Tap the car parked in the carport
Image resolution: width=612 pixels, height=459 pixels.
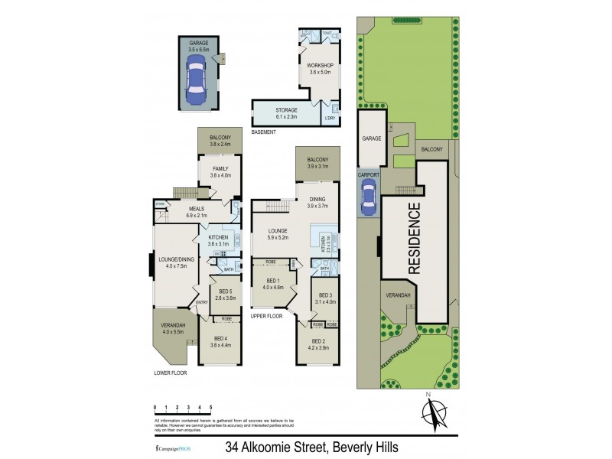pos(369,199)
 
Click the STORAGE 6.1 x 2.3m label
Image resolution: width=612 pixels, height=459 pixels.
pos(286,114)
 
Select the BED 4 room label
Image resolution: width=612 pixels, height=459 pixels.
pos(220,341)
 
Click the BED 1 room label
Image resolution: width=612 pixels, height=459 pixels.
pos(273,284)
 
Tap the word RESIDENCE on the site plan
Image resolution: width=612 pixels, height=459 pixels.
pos(413,238)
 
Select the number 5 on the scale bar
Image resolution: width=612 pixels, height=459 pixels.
pos(210,408)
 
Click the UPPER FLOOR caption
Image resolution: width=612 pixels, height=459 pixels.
pos(267,315)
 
